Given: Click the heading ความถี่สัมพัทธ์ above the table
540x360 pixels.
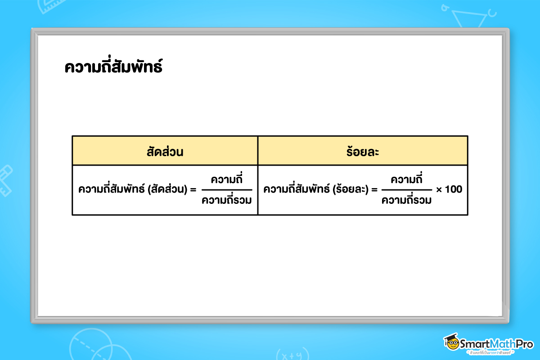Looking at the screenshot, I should [113, 67].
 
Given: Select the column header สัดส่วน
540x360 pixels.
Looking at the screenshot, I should [165, 151].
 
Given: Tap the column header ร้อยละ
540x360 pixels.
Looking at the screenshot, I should [362, 151].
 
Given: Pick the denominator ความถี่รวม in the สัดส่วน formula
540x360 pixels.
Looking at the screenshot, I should [226, 200].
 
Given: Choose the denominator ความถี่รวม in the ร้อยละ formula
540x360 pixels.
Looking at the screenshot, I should [406, 200].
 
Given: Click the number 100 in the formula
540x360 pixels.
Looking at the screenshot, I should [454, 189].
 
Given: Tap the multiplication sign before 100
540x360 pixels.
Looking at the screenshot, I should [439, 190].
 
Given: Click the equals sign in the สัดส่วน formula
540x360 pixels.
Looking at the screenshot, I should [193, 190].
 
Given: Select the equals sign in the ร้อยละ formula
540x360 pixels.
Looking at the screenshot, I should [373, 190].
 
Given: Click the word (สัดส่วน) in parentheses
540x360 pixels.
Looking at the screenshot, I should [167, 189].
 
